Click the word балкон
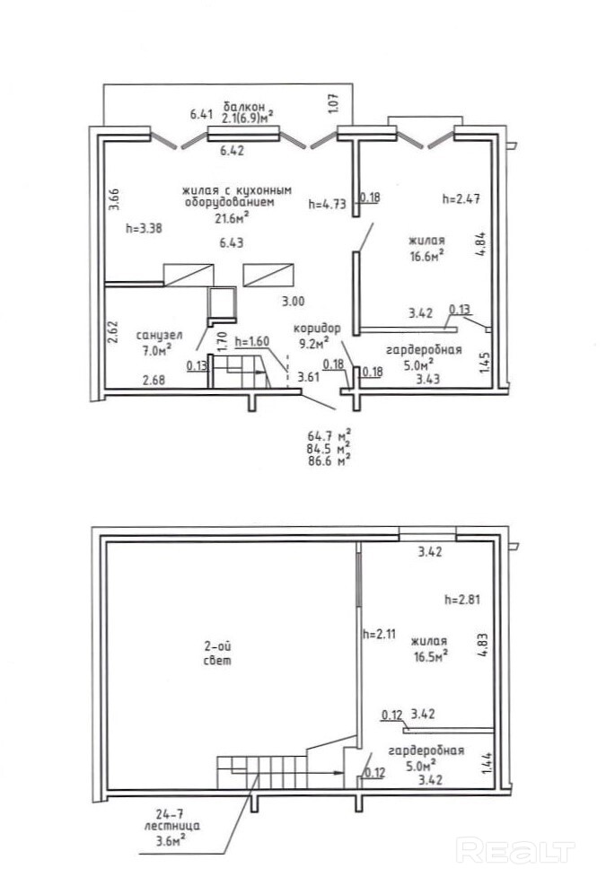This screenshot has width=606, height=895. [244, 107]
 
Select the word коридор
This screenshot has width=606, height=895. [317, 329]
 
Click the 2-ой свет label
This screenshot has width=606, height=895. [218, 654]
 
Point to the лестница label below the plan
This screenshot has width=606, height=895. [171, 826]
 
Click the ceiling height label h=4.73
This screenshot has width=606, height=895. [327, 204]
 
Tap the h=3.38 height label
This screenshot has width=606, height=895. [144, 228]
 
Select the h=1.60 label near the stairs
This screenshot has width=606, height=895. [251, 341]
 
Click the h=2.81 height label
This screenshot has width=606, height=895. [462, 600]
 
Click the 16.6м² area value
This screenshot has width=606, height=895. [427, 256]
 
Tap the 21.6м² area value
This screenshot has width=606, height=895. [233, 218]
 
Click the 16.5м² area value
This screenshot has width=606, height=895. [431, 656]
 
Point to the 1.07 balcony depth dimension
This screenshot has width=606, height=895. [334, 103]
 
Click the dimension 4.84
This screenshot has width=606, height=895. [481, 243]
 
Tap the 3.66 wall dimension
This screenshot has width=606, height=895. [113, 200]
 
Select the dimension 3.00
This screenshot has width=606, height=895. [294, 302]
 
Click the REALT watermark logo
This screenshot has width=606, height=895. [515, 851]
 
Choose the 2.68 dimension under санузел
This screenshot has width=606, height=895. [154, 380]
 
